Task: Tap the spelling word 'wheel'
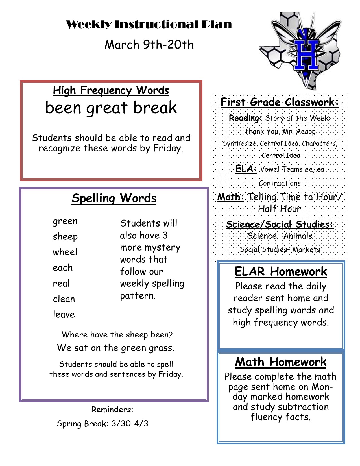click(x=65, y=252)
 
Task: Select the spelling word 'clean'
click(x=64, y=299)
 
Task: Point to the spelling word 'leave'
click(x=64, y=314)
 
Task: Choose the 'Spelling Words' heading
click(x=114, y=198)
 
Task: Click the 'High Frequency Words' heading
click(x=111, y=90)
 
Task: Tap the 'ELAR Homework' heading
click(x=281, y=271)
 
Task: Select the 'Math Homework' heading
click(x=281, y=362)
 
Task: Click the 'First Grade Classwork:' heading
click(x=280, y=102)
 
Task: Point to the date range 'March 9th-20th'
click(x=149, y=45)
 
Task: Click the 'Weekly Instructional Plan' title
click(x=149, y=25)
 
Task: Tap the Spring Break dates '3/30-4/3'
click(x=130, y=424)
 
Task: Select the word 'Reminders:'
click(x=112, y=410)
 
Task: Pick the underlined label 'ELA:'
click(x=246, y=169)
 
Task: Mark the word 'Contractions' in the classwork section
click(x=280, y=183)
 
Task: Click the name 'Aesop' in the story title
click(x=306, y=132)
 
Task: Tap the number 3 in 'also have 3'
click(x=165, y=235)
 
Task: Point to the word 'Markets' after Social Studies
click(x=306, y=249)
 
